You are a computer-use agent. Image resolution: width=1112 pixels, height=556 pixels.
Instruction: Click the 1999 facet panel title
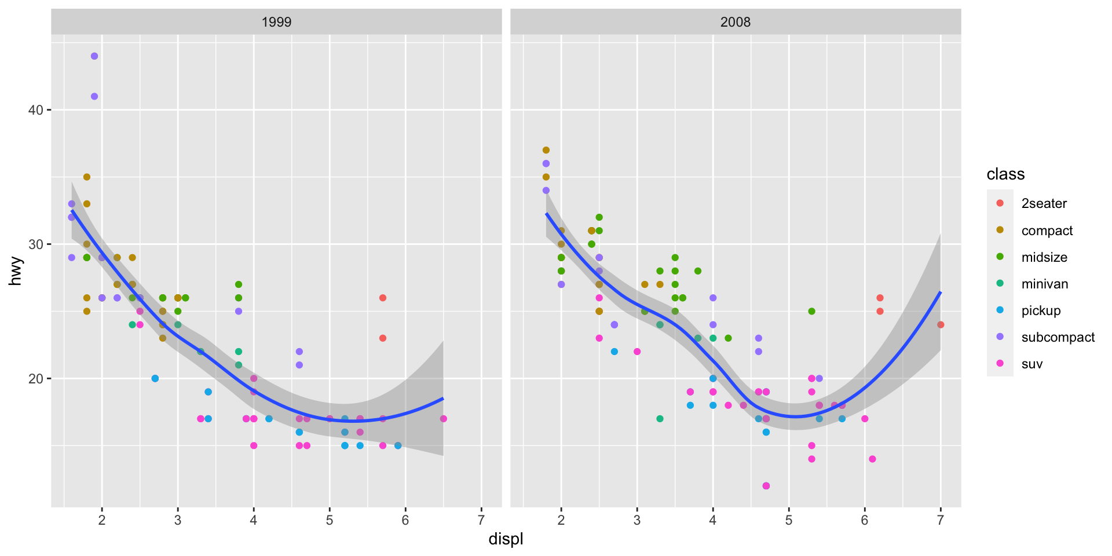pos(276,22)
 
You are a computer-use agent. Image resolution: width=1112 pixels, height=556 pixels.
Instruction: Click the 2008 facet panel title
pos(735,22)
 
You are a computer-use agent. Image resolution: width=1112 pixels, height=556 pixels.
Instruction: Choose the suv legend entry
pos(1031,364)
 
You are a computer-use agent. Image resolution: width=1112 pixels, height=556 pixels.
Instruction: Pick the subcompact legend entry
pos(1058,337)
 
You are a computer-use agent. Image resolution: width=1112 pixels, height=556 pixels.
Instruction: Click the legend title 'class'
pos(1005,174)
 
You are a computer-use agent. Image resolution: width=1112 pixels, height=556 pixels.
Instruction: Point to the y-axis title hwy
pos(16,271)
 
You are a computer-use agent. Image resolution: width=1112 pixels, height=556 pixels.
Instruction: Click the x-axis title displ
pos(506,539)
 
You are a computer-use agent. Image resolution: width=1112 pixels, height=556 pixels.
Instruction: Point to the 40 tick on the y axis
pos(36,110)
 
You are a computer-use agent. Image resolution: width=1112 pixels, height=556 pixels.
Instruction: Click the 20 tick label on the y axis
pos(36,379)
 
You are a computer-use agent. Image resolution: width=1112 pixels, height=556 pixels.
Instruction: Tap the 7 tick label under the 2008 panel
pos(940,520)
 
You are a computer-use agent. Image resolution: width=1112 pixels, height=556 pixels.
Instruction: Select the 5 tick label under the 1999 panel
pos(330,520)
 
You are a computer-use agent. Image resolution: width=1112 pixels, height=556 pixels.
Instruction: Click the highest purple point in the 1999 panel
pos(94,56)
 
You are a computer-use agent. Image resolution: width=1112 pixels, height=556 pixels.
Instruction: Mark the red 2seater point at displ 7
pos(941,325)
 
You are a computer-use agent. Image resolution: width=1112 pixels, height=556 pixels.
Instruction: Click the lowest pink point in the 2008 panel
pos(766,486)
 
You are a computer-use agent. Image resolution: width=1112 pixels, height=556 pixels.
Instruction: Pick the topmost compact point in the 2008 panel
pos(546,150)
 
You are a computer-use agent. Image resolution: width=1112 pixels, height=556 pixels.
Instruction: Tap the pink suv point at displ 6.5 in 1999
pos(443,419)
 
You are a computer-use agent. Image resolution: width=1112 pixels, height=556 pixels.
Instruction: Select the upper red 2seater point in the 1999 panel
pos(383,298)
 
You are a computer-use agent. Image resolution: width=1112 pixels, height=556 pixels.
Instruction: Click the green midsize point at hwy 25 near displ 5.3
pos(811,312)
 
